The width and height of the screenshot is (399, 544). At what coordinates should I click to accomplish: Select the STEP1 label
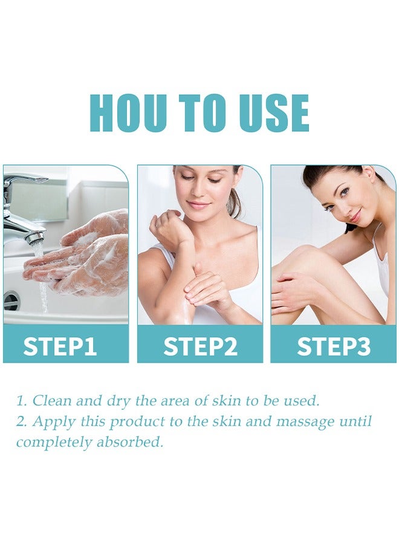click(x=60, y=347)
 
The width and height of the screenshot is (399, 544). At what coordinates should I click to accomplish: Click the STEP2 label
click(x=200, y=347)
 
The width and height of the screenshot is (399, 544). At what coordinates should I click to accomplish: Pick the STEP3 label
click(x=333, y=347)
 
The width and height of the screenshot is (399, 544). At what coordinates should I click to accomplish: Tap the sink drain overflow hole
click(x=11, y=300)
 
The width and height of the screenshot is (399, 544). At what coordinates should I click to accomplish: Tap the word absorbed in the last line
click(x=135, y=442)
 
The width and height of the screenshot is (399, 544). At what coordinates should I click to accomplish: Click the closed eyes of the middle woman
click(x=200, y=186)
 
